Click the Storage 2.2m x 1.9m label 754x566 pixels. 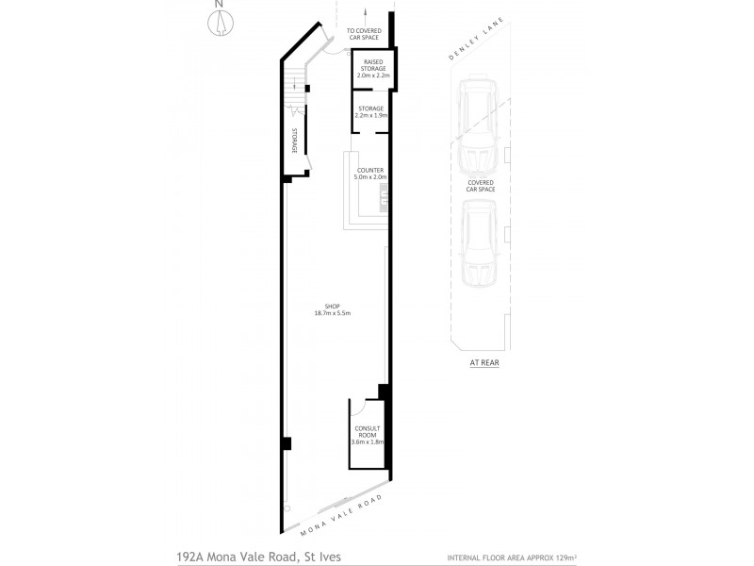click(x=369, y=111)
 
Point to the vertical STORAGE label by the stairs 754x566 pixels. click(x=294, y=140)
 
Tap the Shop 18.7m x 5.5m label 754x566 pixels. click(x=332, y=309)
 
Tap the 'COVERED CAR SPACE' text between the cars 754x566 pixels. click(x=480, y=185)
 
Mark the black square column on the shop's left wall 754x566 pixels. click(x=286, y=443)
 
